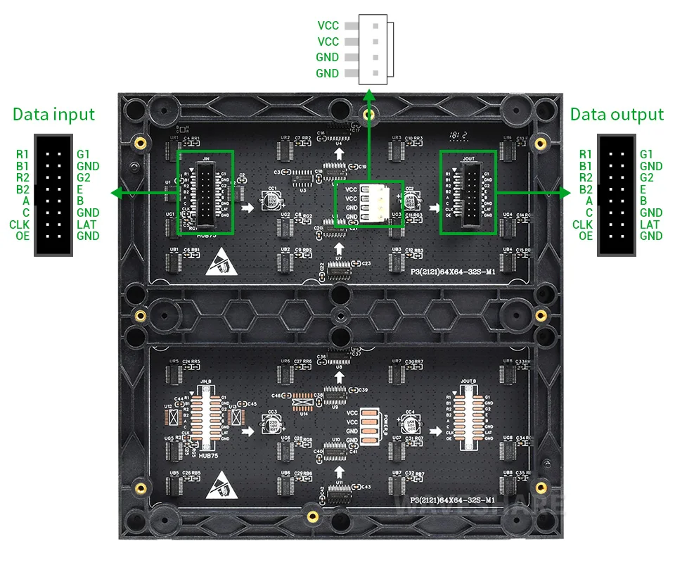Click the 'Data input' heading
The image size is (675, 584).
[x=53, y=115]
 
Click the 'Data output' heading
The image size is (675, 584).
[x=617, y=115]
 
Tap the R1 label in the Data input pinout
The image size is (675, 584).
[x=23, y=154]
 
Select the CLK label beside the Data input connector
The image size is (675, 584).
[x=20, y=224]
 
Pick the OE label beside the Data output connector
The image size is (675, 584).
[x=585, y=236]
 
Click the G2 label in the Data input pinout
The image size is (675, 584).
[x=84, y=177]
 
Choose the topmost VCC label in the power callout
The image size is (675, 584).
[x=328, y=26]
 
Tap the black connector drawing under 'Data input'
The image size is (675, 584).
[x=53, y=195]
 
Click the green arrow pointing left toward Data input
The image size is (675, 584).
[x=116, y=191]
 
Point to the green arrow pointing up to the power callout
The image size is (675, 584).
[x=368, y=95]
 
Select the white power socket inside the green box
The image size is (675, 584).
[x=370, y=203]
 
